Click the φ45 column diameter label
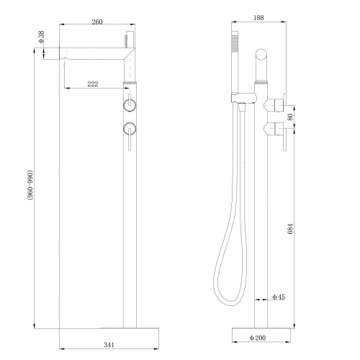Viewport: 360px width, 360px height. coord(279,297)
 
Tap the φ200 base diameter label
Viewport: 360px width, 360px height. coord(258,336)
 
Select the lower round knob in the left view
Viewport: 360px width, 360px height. coord(130,129)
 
